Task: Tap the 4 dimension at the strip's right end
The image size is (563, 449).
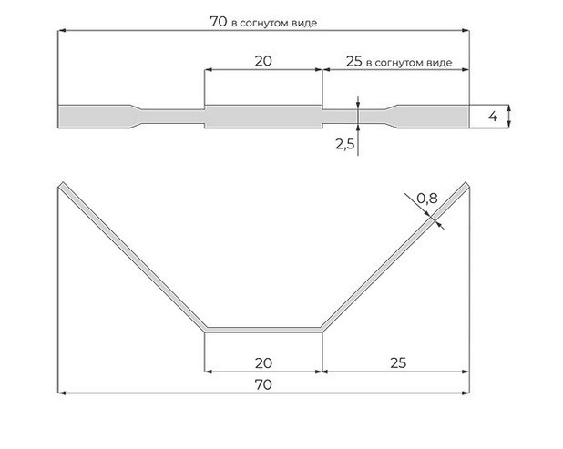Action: [x=493, y=117]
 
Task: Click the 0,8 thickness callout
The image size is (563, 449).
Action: [x=426, y=198]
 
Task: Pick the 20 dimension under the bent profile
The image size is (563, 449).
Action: [x=262, y=362]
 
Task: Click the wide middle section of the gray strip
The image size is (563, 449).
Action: [x=262, y=117]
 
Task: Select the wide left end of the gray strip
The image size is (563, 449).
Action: [x=87, y=117]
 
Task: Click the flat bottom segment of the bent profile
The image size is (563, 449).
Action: [x=262, y=328]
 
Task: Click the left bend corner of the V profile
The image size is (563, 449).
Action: [x=202, y=328]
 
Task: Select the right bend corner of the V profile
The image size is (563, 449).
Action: [x=322, y=328]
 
